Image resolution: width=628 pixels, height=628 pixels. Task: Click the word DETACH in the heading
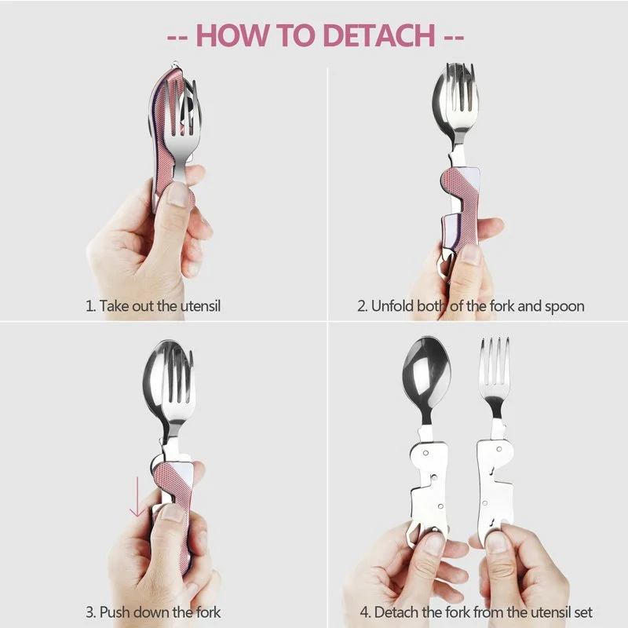click(x=379, y=35)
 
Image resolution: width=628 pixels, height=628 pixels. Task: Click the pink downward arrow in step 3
click(x=137, y=497)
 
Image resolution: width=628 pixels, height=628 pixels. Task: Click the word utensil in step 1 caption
click(x=200, y=306)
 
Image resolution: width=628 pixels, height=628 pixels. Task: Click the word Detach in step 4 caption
click(x=396, y=612)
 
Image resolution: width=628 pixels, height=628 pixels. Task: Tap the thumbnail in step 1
click(x=177, y=195)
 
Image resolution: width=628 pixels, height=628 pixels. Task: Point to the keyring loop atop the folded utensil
click(x=175, y=65)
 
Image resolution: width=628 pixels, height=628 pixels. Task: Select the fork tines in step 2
click(x=462, y=88)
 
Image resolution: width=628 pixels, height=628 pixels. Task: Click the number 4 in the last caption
click(x=363, y=612)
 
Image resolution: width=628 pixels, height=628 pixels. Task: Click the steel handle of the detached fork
click(x=495, y=484)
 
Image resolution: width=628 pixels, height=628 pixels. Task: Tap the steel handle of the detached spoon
click(x=428, y=484)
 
